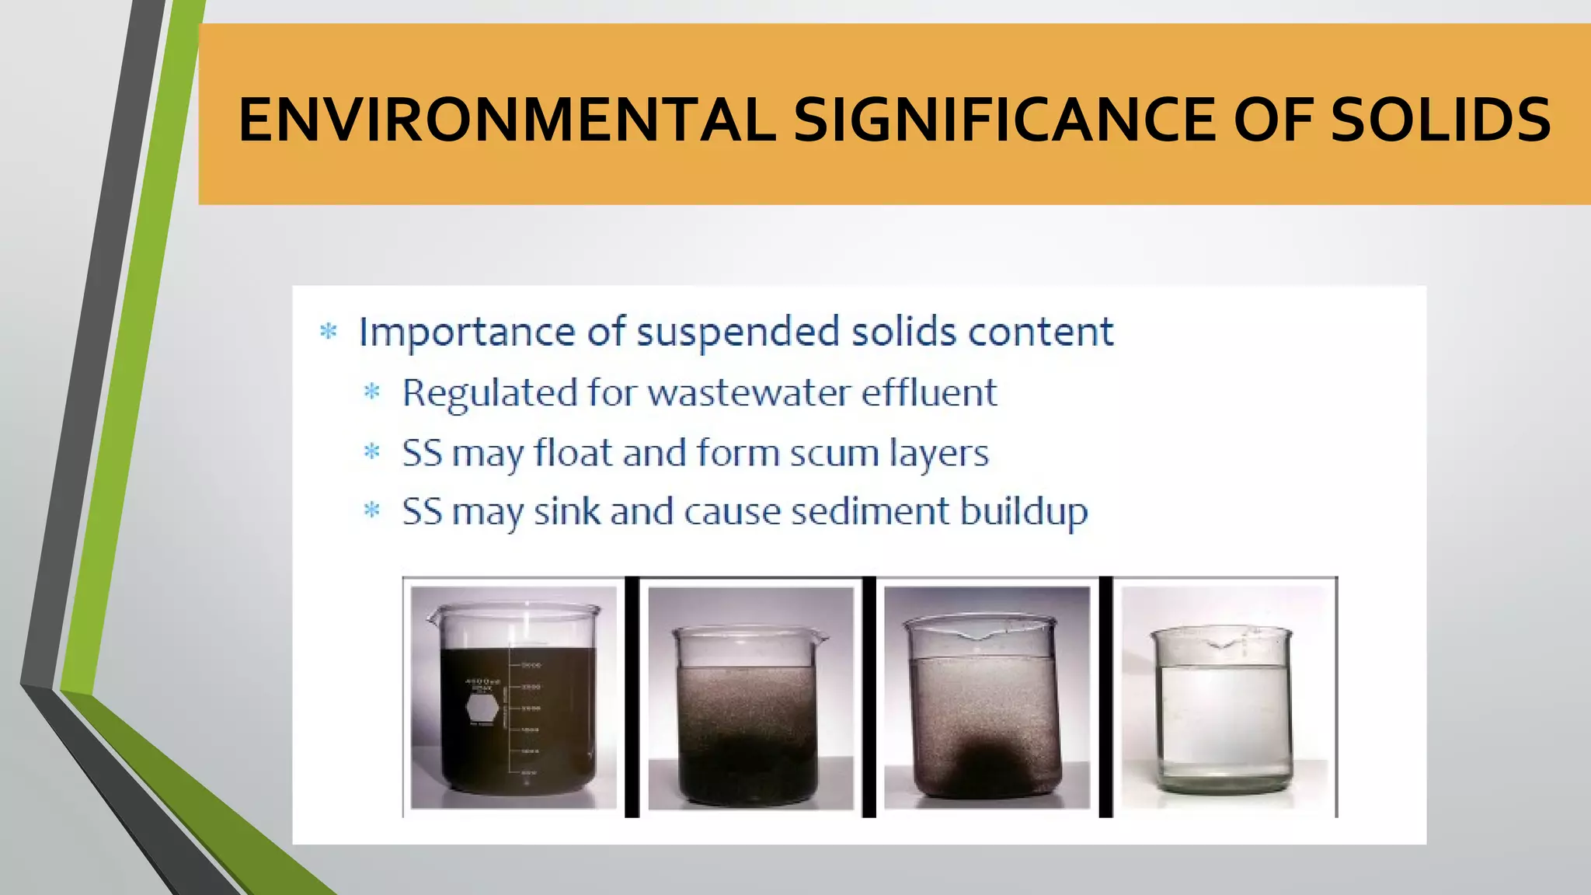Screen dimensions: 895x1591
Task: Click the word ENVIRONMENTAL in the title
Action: click(507, 120)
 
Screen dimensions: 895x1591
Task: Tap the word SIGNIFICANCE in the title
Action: click(1004, 120)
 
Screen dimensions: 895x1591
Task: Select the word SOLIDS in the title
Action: click(1441, 120)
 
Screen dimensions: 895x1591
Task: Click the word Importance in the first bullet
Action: click(466, 333)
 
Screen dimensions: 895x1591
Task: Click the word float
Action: click(573, 453)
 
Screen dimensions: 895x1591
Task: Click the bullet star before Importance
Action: click(329, 333)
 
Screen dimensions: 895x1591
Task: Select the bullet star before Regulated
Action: click(372, 392)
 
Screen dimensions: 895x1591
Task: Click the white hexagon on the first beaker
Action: click(482, 708)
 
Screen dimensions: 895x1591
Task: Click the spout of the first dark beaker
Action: click(433, 619)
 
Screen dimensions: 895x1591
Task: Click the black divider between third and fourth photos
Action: click(1105, 697)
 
